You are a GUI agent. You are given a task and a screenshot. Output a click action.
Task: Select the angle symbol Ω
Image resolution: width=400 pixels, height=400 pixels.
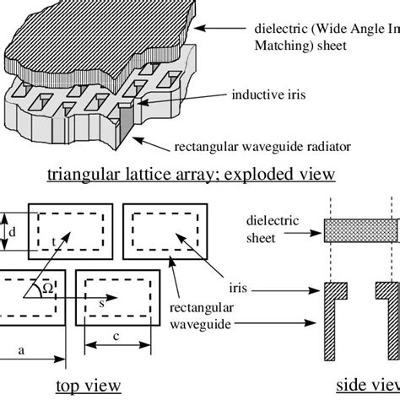click(49, 287)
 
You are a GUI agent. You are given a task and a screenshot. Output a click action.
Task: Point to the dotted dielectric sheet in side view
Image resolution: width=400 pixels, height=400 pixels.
click(361, 231)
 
